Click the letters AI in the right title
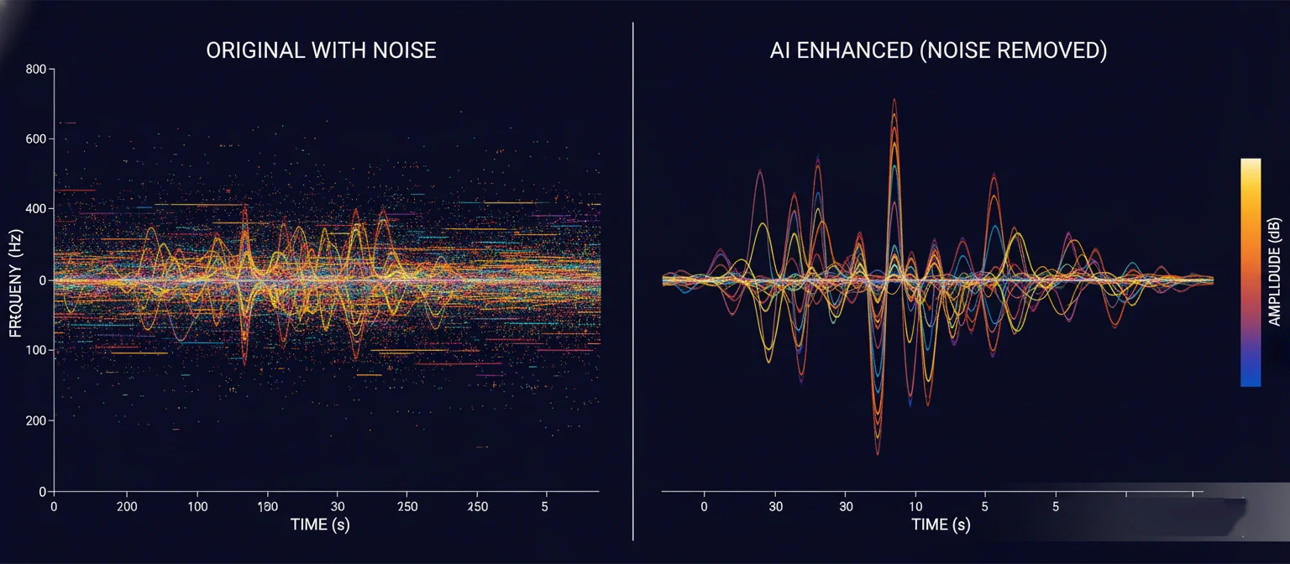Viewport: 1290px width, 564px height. [x=780, y=50]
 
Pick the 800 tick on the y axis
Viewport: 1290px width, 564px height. [x=35, y=69]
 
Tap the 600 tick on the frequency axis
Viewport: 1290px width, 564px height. [x=35, y=138]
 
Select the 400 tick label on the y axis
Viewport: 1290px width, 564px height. [x=35, y=209]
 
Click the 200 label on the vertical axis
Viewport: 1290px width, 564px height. [x=35, y=420]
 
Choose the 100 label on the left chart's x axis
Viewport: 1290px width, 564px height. [x=197, y=507]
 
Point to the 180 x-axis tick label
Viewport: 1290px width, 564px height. [x=267, y=507]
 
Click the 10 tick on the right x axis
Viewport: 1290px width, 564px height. [x=915, y=507]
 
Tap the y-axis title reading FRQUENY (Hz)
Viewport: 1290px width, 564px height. [x=15, y=279]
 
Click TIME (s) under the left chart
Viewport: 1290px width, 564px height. [x=320, y=525]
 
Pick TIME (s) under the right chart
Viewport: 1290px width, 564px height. [x=941, y=525]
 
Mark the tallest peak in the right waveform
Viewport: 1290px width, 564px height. [x=894, y=101]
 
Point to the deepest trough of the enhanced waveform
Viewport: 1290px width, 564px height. [x=878, y=453]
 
